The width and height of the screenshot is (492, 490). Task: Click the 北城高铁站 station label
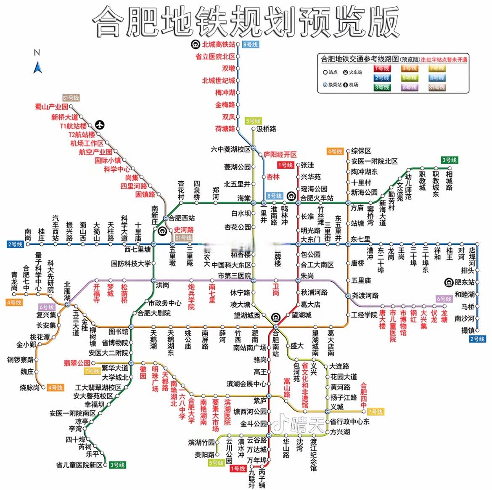pyautogui.click(x=218, y=45)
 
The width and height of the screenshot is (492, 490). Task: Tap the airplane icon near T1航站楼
pyautogui.click(x=100, y=124)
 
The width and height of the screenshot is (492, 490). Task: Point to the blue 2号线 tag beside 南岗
pyautogui.click(x=15, y=244)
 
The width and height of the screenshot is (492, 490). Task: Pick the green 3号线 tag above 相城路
pyautogui.click(x=449, y=160)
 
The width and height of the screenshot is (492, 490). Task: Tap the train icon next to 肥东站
pyautogui.click(x=449, y=282)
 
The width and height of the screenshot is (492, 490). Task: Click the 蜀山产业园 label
pyautogui.click(x=51, y=107)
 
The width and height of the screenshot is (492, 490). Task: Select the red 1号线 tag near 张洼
pyautogui.click(x=285, y=165)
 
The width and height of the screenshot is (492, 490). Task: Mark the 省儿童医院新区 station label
pyautogui.click(x=79, y=465)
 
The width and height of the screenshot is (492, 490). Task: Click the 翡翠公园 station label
pyautogui.click(x=77, y=363)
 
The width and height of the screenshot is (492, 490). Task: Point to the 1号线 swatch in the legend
pyautogui.click(x=382, y=68)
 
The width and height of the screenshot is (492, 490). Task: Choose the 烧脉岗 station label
pyautogui.click(x=29, y=387)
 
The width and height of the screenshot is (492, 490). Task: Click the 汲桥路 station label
pyautogui.click(x=266, y=129)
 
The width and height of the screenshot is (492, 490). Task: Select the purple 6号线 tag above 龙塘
pyautogui.click(x=444, y=299)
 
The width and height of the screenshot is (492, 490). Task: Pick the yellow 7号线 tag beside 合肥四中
pyautogui.click(x=375, y=411)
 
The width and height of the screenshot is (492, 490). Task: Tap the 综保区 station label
pyautogui.click(x=361, y=151)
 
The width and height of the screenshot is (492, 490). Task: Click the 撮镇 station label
pyautogui.click(x=468, y=331)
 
